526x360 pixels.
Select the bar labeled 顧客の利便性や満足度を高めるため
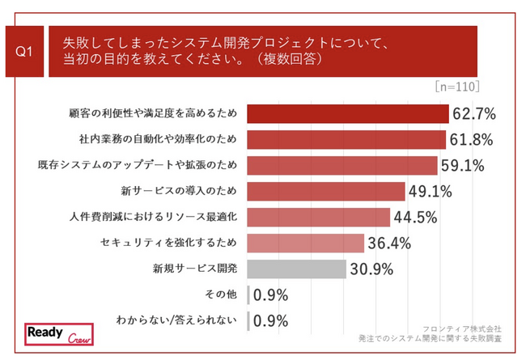tap(346, 114)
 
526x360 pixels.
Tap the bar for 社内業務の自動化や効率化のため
tap(345, 140)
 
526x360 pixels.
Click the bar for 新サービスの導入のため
tap(325, 192)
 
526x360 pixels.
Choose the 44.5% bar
tap(317, 217)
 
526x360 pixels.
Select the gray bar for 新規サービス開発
tap(295, 269)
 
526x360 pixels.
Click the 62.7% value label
tap(473, 114)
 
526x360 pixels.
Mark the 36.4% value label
tap(389, 243)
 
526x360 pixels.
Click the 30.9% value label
tap(371, 269)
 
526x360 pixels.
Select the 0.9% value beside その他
tap(270, 294)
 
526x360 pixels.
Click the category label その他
tap(223, 294)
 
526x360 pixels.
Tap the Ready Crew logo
tap(57, 335)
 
